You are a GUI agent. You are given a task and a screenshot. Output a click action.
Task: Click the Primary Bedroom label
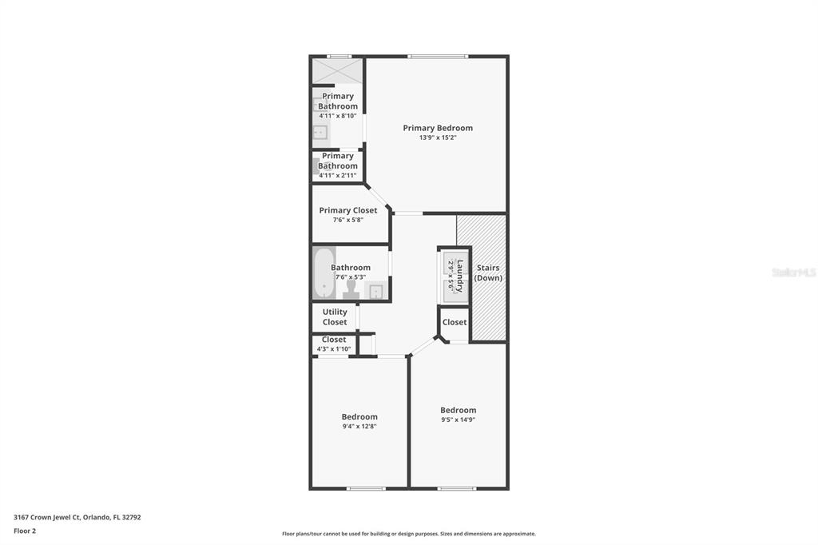click(x=438, y=128)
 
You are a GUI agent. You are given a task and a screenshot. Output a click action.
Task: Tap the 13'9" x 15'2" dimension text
click(x=438, y=137)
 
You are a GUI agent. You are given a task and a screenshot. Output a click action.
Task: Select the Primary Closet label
click(x=348, y=210)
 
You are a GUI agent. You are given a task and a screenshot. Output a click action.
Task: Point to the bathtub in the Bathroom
click(x=324, y=273)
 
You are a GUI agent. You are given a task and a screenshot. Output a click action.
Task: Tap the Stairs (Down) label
click(x=488, y=272)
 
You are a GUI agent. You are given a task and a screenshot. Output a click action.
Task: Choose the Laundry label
click(x=459, y=276)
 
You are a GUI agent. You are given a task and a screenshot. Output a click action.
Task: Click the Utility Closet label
click(x=335, y=317)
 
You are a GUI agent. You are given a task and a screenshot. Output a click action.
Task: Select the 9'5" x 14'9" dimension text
click(x=458, y=420)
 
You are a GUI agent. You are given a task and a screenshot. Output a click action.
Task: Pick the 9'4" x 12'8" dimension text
click(x=359, y=427)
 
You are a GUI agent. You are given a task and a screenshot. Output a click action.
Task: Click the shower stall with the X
click(x=337, y=71)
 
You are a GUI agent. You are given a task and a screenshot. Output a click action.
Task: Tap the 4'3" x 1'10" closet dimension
click(x=334, y=349)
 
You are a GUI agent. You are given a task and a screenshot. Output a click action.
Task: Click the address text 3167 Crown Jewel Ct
click(x=47, y=517)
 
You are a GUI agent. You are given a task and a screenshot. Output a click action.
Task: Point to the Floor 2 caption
click(x=25, y=531)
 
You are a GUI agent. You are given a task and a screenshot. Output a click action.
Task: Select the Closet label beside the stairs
click(x=455, y=322)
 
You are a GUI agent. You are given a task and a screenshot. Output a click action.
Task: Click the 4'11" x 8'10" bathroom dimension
click(x=338, y=116)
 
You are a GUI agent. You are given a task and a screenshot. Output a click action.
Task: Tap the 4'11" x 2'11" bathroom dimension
click(x=338, y=175)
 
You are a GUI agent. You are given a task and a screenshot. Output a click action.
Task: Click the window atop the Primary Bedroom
click(x=438, y=57)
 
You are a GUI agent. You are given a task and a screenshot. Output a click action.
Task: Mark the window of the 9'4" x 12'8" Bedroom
click(x=366, y=488)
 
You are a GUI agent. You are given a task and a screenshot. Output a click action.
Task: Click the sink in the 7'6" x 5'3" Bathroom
click(x=376, y=292)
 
